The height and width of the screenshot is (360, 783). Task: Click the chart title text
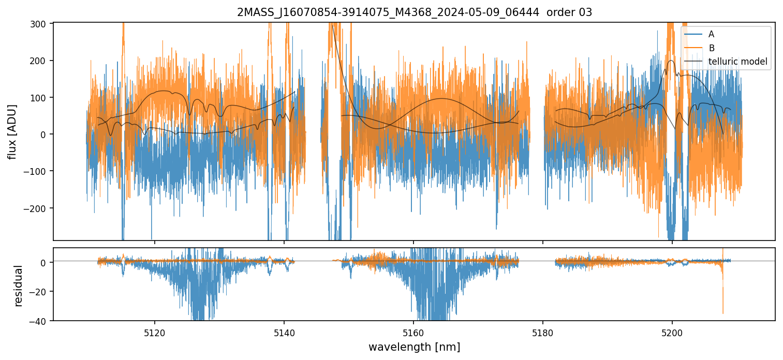click(414, 12)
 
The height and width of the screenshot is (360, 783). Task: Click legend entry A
click(711, 34)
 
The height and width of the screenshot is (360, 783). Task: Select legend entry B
click(711, 48)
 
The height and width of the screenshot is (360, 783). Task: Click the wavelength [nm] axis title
click(414, 347)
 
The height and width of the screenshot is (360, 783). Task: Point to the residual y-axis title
click(19, 286)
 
